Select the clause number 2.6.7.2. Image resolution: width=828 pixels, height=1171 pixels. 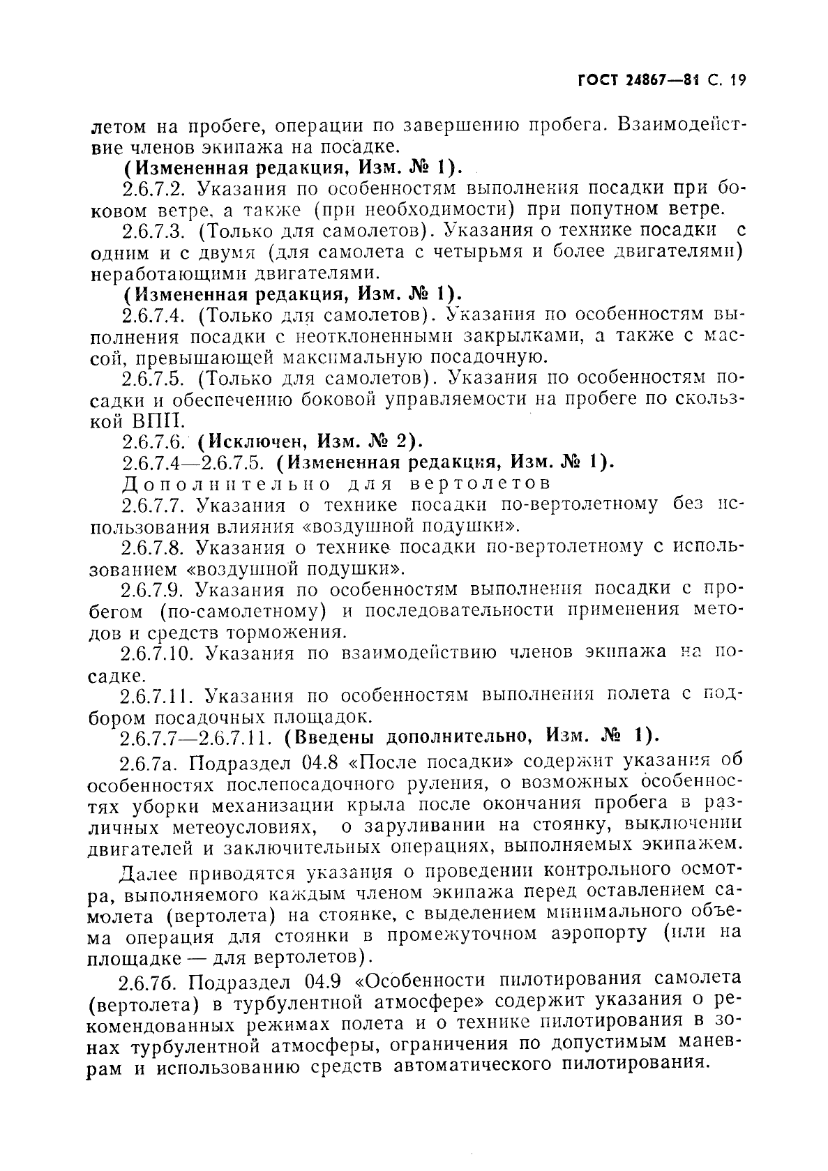pyautogui.click(x=156, y=189)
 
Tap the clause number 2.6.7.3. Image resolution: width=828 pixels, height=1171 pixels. pyautogui.click(x=156, y=231)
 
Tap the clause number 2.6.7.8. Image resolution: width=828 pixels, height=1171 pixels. pyautogui.click(x=156, y=547)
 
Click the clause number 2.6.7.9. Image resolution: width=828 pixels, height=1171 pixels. pyautogui.click(x=156, y=589)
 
